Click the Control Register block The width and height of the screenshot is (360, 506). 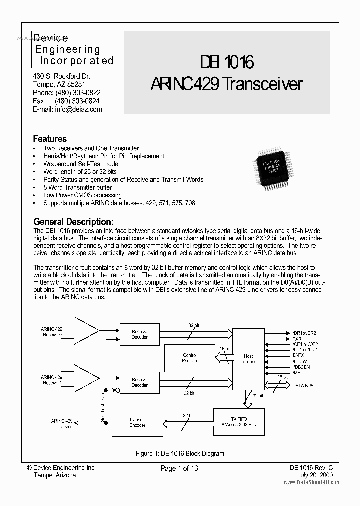(189, 358)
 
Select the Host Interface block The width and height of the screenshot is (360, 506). (248, 359)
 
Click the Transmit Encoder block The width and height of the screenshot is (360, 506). (137, 422)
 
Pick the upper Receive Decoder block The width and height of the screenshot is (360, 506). (139, 334)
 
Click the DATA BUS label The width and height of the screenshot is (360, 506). (303, 386)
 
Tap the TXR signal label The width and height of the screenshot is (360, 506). (297, 338)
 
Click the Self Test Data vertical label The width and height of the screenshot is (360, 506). (103, 406)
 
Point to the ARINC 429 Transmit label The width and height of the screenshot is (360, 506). (61, 423)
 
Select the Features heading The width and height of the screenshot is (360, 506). (50, 139)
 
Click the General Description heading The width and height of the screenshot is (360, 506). (73, 221)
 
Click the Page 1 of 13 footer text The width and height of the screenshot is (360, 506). (179, 468)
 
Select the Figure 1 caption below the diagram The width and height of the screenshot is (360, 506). (180, 453)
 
